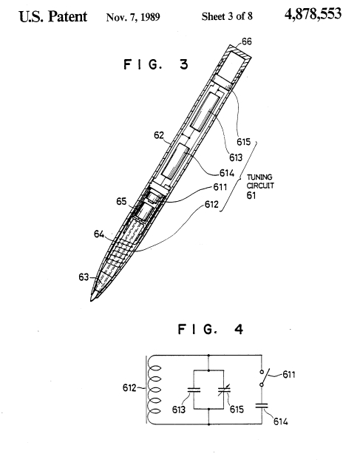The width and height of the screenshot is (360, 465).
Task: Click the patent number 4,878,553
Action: pyautogui.click(x=313, y=14)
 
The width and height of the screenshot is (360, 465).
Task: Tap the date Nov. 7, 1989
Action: pyautogui.click(x=133, y=17)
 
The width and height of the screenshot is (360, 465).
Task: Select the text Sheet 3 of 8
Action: pyautogui.click(x=227, y=16)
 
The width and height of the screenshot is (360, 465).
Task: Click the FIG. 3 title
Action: pyautogui.click(x=156, y=64)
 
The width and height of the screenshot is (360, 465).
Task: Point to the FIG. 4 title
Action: pyautogui.click(x=210, y=329)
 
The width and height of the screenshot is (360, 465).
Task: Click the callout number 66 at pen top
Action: pyautogui.click(x=246, y=41)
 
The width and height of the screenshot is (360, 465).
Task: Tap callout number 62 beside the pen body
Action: pyautogui.click(x=159, y=135)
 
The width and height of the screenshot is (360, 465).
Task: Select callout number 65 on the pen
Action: pyautogui.click(x=121, y=202)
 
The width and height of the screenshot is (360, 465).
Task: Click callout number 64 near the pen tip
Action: pyautogui.click(x=99, y=234)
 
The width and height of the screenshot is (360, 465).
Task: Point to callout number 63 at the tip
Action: pyautogui.click(x=84, y=277)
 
